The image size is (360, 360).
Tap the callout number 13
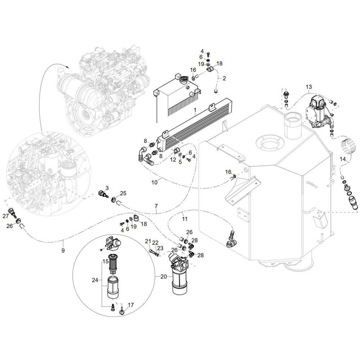point(309,87)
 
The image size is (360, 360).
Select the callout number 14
point(343,158)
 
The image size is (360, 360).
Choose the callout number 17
point(131,305)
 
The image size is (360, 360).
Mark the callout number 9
point(63,250)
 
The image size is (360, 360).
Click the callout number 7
point(156,206)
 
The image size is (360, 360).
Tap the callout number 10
point(154,182)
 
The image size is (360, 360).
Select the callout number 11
point(185,219)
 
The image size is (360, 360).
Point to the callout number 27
point(5,216)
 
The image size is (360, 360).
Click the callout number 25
point(123,193)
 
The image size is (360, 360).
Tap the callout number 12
point(173,159)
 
